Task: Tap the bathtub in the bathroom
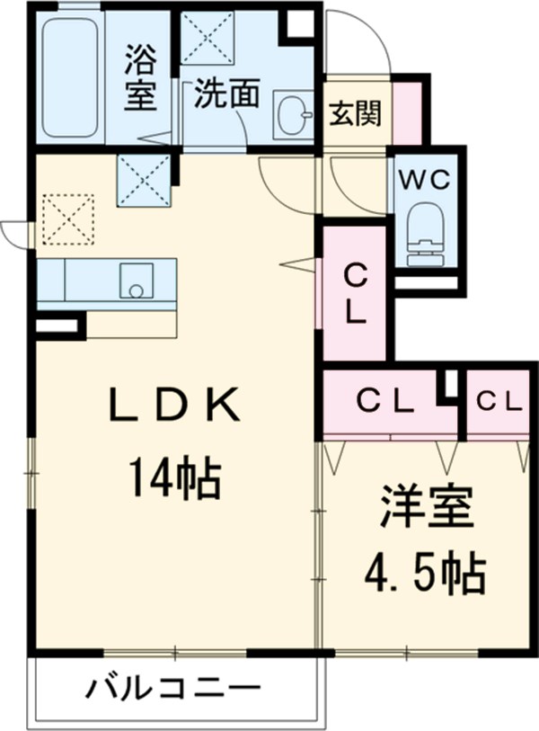pyautogui.click(x=69, y=78)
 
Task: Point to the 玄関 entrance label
pyautogui.click(x=355, y=113)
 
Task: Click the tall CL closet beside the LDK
pyautogui.click(x=355, y=293)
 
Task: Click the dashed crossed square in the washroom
pyautogui.click(x=208, y=38)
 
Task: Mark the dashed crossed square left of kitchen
pyautogui.click(x=67, y=218)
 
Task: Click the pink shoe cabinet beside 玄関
pyautogui.click(x=407, y=113)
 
